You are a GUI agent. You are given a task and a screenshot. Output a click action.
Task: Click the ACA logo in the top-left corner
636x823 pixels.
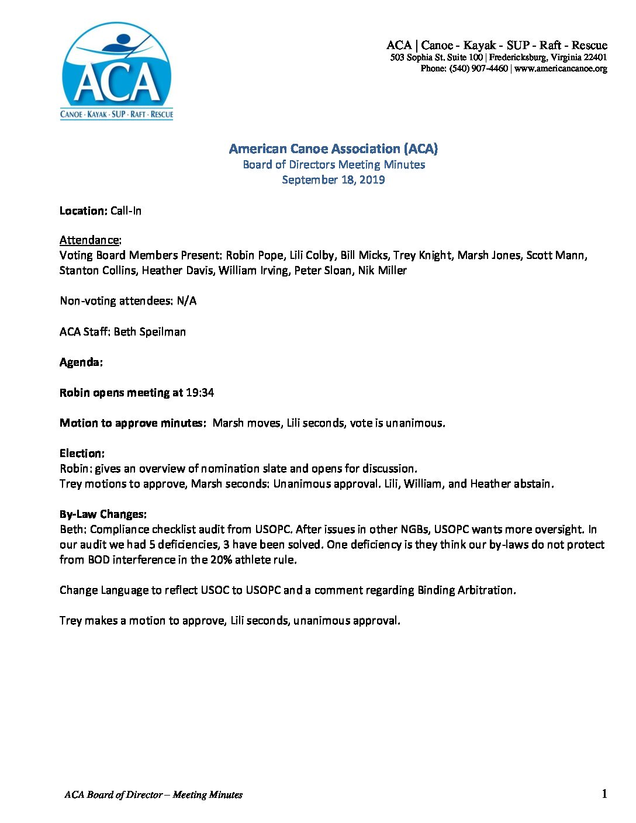click(117, 71)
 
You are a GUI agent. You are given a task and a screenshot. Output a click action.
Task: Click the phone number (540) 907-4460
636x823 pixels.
click(478, 68)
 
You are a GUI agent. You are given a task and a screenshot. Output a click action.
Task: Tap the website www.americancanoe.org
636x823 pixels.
click(561, 68)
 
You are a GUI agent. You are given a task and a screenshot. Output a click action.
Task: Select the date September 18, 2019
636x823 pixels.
click(333, 179)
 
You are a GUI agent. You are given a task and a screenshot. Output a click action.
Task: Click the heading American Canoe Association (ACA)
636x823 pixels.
click(333, 148)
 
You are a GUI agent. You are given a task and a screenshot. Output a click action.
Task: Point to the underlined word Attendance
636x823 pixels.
click(89, 240)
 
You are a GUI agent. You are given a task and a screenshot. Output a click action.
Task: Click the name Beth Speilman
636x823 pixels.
click(150, 331)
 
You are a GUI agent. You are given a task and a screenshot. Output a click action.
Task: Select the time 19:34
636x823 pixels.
click(200, 392)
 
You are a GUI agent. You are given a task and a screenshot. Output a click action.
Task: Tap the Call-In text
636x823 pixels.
click(126, 210)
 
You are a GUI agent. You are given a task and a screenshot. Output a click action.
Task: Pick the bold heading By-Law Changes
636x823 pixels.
click(103, 514)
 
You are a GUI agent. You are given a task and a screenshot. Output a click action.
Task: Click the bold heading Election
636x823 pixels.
click(82, 453)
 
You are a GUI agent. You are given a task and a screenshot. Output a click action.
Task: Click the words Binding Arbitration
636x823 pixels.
click(466, 590)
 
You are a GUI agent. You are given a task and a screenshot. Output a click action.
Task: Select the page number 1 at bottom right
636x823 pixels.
click(604, 793)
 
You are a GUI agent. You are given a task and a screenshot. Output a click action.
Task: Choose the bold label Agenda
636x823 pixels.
click(81, 362)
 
